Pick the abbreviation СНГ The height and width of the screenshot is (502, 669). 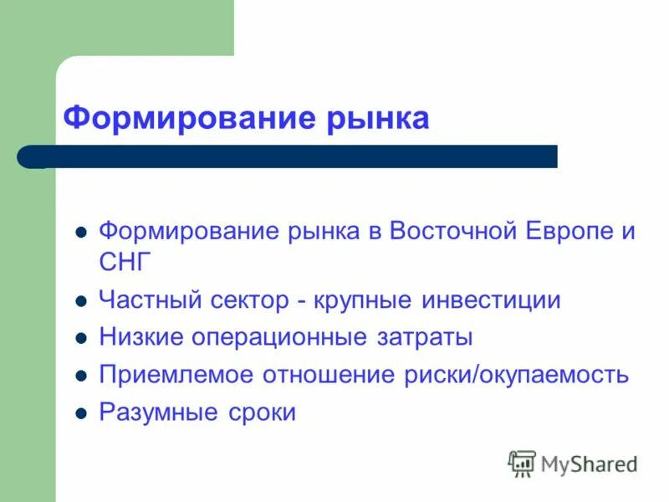point(126,262)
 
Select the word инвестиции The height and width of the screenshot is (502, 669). point(493,300)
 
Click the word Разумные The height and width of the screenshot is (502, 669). point(151,412)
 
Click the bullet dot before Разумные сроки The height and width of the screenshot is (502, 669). point(81,413)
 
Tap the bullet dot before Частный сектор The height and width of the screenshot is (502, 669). point(81,300)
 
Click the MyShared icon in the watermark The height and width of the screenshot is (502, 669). point(522,462)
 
